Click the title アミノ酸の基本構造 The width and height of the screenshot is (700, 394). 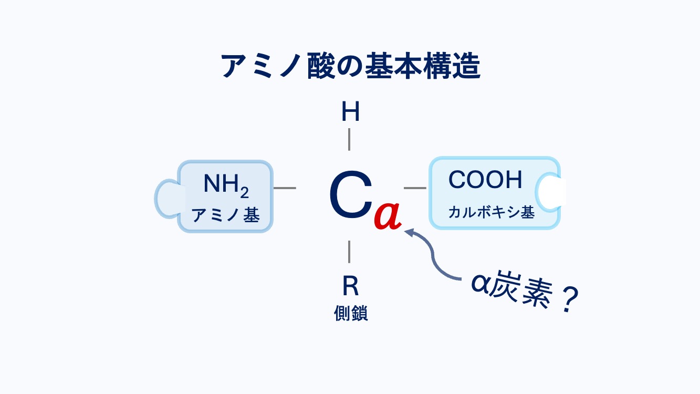[x=350, y=66]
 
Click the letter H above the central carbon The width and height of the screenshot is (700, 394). [x=350, y=112]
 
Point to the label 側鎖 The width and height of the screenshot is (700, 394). [x=350, y=313]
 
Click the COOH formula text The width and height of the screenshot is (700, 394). [x=485, y=180]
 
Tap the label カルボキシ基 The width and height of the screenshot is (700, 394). [x=491, y=212]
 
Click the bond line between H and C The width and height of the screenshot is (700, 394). [x=349, y=140]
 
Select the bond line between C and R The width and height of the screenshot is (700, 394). [x=349, y=252]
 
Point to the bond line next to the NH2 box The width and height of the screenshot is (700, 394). [x=285, y=188]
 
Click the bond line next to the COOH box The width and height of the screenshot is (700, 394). [x=415, y=188]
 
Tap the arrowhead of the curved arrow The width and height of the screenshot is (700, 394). [x=409, y=231]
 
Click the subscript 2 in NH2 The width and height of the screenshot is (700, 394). [x=244, y=193]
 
